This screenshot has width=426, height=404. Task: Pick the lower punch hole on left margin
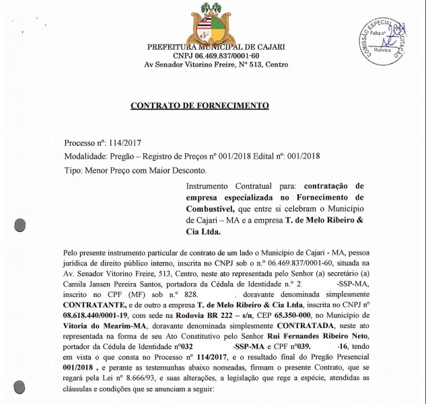(20, 387)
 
